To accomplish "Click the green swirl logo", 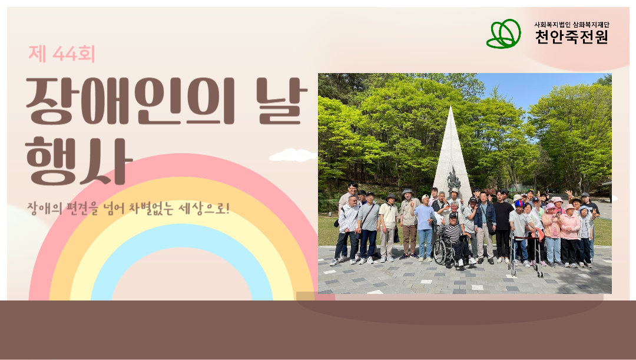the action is point(503,34).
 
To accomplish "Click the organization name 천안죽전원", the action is point(571,37).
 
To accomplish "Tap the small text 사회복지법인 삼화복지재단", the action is point(571,24).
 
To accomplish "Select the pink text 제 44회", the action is point(62,54).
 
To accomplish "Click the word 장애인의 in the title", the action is point(131,101).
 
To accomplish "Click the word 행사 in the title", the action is point(79,161).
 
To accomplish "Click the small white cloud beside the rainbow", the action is point(293,155).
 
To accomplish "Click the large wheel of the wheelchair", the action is point(440,251).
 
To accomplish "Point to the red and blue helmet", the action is point(519,203).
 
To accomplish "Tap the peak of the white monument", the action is point(450,107).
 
